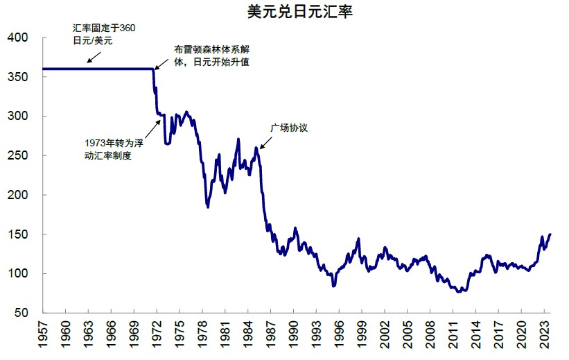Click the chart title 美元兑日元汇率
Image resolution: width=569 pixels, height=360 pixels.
pos(299,12)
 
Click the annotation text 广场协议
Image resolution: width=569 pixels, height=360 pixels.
pos(288,128)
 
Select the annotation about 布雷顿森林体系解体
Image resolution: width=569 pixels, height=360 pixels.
pos(211,56)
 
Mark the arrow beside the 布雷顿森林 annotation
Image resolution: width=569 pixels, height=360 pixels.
pos(161,62)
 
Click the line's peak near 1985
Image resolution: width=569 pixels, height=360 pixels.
pos(256,147)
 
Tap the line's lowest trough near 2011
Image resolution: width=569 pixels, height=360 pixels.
pos(459,291)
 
